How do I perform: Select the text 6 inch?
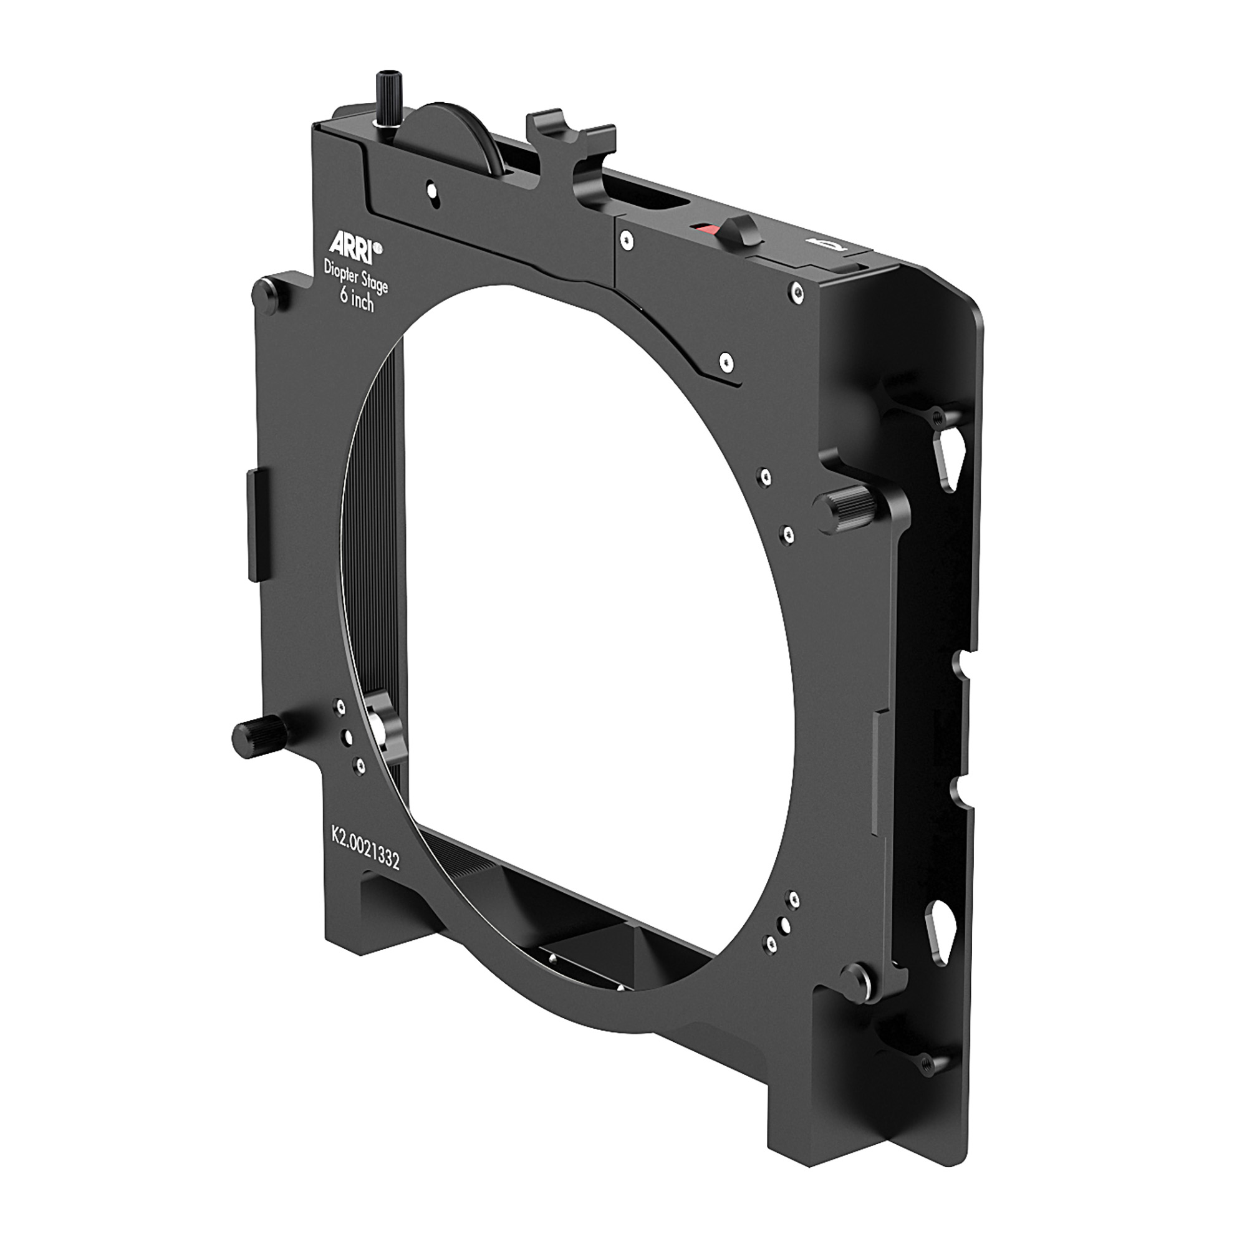click(357, 299)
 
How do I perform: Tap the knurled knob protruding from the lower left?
click(259, 736)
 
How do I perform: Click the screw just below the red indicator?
click(625, 241)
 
